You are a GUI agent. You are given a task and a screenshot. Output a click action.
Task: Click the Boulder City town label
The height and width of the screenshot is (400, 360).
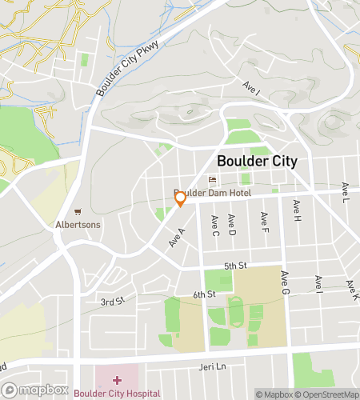click(x=257, y=161)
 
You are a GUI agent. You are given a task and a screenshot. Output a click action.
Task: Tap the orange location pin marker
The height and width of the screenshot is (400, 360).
click(x=180, y=198)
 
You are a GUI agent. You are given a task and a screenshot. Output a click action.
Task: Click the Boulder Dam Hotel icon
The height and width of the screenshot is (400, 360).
click(x=213, y=179)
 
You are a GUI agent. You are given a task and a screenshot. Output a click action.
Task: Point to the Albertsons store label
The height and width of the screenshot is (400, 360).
click(x=78, y=225)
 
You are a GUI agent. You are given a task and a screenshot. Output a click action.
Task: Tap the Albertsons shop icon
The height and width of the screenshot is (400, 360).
click(x=78, y=212)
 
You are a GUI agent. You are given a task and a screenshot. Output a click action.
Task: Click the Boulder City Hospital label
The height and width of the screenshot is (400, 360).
click(x=117, y=394)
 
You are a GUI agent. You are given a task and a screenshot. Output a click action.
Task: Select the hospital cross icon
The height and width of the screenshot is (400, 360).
click(x=117, y=379)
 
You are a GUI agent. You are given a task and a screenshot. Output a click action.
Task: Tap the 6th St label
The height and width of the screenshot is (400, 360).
click(x=205, y=294)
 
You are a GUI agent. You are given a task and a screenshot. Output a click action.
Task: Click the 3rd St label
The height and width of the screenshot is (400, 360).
click(x=113, y=301)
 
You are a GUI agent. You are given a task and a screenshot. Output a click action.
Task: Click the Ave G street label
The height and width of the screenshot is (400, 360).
click(x=284, y=282)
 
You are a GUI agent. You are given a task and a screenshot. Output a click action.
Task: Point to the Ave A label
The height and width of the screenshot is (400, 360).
click(x=177, y=237)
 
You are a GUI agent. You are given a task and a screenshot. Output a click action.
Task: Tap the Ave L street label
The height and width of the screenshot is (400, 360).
click(x=346, y=192)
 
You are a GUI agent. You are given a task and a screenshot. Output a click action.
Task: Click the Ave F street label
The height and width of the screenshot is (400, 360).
click(x=263, y=218)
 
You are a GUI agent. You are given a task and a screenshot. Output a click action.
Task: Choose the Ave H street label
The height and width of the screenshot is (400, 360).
click(x=297, y=212)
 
